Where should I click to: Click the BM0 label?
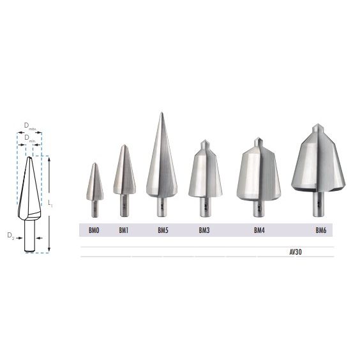tap(94, 230)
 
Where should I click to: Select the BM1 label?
tap(124, 230)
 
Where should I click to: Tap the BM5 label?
tap(163, 230)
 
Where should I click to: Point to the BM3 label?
tap(204, 230)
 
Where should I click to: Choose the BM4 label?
tap(259, 230)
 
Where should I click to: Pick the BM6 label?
tap(320, 230)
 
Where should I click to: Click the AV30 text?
tap(296, 252)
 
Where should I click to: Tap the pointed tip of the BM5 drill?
tap(161, 113)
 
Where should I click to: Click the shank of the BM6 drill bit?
tap(319, 204)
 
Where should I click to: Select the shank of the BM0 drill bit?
tap(95, 209)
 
